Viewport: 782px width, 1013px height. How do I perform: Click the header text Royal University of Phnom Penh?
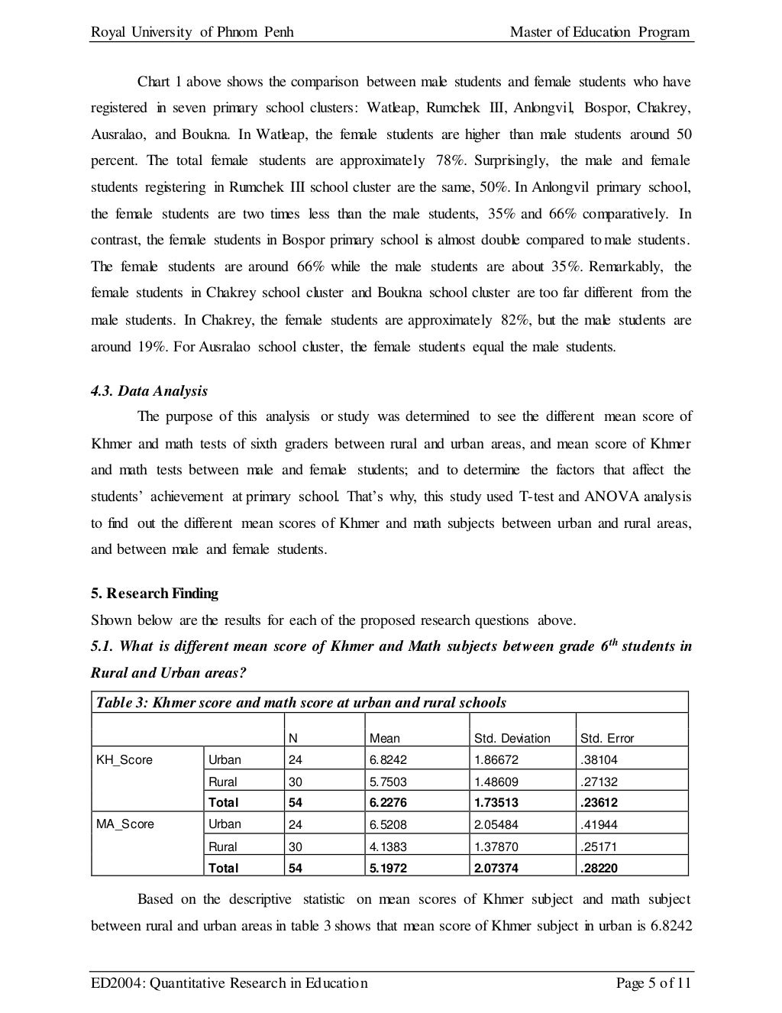coord(192,32)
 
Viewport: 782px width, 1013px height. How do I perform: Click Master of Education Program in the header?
coord(599,32)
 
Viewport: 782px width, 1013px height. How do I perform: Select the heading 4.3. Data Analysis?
coord(149,390)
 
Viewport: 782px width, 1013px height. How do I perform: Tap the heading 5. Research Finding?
coord(154,593)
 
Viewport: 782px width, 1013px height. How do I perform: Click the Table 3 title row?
coord(299,702)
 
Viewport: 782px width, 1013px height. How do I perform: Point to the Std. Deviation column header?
coord(512,738)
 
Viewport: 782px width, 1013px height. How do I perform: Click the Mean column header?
coord(384,738)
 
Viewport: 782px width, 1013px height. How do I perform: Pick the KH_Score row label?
coord(124,759)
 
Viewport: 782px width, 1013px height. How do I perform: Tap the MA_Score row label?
coord(124,824)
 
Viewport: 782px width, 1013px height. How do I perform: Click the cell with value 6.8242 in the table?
coord(383,759)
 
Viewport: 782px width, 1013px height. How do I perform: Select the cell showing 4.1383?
coord(383,846)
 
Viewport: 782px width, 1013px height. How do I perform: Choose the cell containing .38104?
coord(599,759)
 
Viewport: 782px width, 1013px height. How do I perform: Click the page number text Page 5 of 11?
coord(653,982)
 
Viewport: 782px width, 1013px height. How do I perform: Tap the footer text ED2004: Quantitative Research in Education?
coord(229,982)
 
